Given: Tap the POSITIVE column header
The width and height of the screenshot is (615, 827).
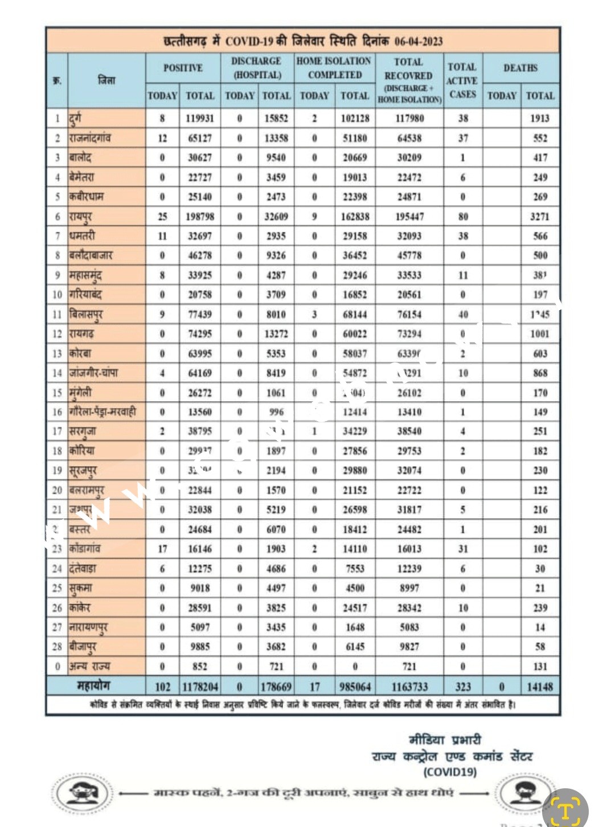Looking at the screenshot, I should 183,68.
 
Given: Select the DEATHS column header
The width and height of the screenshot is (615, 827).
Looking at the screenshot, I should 520,68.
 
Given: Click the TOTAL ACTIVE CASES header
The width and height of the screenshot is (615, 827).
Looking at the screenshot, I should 462,80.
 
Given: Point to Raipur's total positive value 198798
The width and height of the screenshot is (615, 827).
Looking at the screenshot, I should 200,217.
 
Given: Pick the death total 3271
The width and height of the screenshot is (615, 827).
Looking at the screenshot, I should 540,217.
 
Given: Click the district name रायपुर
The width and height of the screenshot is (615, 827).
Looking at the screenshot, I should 80,217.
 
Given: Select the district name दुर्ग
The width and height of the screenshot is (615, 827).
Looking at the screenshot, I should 75,118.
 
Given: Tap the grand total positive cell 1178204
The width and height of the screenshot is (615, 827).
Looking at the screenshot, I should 200,687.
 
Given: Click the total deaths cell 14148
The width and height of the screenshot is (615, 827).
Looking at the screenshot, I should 540,687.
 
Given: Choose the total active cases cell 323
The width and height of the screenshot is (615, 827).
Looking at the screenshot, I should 463,687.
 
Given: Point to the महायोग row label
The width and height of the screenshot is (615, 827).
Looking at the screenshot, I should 94,686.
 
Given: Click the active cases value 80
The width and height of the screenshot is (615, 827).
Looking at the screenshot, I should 463,217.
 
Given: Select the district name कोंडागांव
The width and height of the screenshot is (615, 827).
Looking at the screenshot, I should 85,548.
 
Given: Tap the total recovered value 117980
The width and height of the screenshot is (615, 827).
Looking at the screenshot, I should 409,119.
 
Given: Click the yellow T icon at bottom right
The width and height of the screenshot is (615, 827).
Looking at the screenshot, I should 565,808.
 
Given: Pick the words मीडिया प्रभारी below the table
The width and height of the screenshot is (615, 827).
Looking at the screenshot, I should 445,740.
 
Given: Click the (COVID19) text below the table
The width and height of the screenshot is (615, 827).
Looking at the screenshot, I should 450,772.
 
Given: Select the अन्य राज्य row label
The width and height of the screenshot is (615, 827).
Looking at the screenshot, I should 89,666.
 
